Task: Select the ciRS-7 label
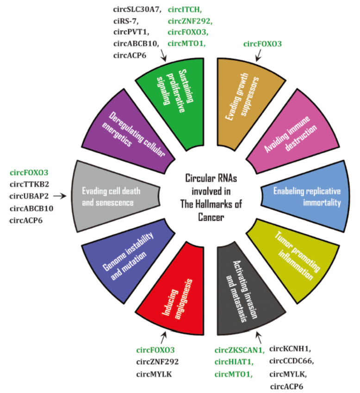125,20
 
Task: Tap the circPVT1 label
130,32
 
